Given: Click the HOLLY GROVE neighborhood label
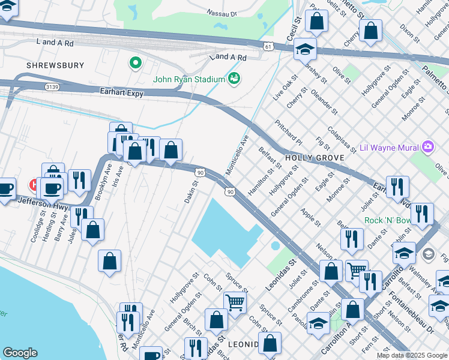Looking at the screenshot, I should (314, 158).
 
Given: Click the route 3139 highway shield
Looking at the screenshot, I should (52, 87).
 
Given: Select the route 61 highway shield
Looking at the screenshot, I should (268, 46).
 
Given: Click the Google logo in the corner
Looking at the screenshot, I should (20, 353).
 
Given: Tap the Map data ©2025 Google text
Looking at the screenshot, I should (411, 355).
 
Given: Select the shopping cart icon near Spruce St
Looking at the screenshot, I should (235, 301).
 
